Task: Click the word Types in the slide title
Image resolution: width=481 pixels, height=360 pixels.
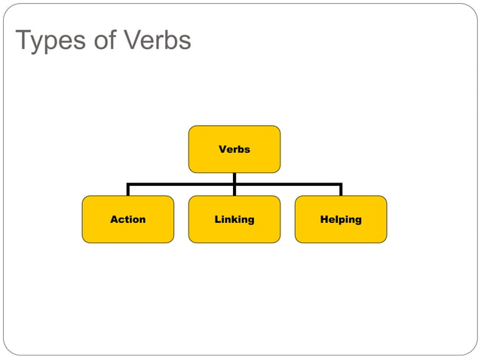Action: click(x=50, y=41)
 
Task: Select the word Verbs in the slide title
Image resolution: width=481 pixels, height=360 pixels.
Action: click(x=159, y=41)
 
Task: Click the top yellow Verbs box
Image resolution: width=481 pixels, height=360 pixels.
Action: click(x=234, y=149)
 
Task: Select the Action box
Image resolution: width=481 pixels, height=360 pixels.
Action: click(x=127, y=219)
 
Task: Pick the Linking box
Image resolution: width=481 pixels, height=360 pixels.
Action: click(x=234, y=219)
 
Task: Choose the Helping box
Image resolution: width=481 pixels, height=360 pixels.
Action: click(x=340, y=219)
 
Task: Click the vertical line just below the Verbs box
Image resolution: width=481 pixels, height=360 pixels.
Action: click(x=234, y=178)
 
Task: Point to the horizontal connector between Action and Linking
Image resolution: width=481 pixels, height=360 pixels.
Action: click(x=181, y=185)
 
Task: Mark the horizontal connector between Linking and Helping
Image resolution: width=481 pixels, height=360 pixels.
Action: click(x=287, y=185)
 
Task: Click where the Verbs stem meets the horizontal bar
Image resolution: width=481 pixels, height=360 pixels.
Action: click(x=234, y=185)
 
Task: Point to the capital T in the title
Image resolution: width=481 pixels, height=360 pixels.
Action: click(x=23, y=41)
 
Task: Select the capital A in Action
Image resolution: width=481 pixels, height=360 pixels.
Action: click(x=114, y=219)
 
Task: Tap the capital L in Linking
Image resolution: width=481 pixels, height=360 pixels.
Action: click(x=217, y=219)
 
